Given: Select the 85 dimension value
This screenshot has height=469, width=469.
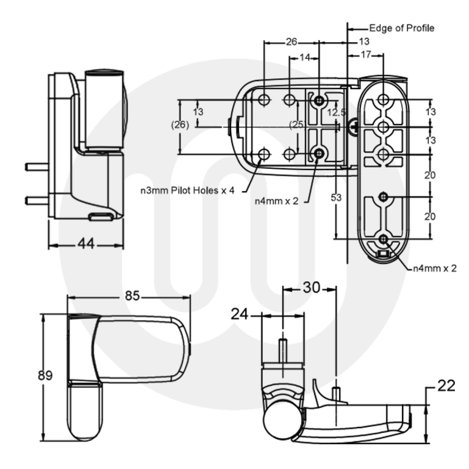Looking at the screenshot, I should pos(133,295).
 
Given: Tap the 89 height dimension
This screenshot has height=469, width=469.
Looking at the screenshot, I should pos(45,376).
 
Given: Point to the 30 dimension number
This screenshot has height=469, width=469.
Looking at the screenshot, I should pos(311,288).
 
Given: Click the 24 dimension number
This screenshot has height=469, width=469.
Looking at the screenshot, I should pos(240,314).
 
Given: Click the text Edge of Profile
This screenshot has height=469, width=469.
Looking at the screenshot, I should pos(402,28).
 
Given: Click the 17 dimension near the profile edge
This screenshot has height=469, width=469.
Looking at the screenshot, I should pos(365,54).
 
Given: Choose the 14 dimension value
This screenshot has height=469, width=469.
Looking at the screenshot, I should pos(304,58).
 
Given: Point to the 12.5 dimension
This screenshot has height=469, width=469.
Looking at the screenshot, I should pos(336,112).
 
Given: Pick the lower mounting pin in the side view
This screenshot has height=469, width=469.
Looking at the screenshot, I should pos(37,200).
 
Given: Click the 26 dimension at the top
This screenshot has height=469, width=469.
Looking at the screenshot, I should pos(291,42).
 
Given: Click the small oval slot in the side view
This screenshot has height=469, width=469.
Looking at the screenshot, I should pos(101,217).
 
